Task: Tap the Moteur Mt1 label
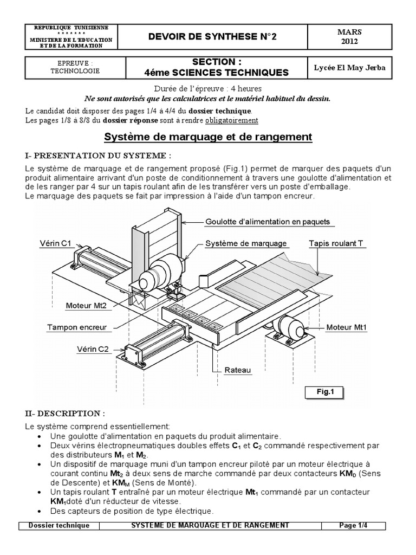[347, 327]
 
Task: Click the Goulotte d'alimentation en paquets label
[268, 222]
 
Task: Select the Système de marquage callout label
[246, 243]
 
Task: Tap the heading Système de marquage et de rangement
[208, 137]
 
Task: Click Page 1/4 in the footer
[354, 525]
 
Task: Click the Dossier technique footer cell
[59, 525]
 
